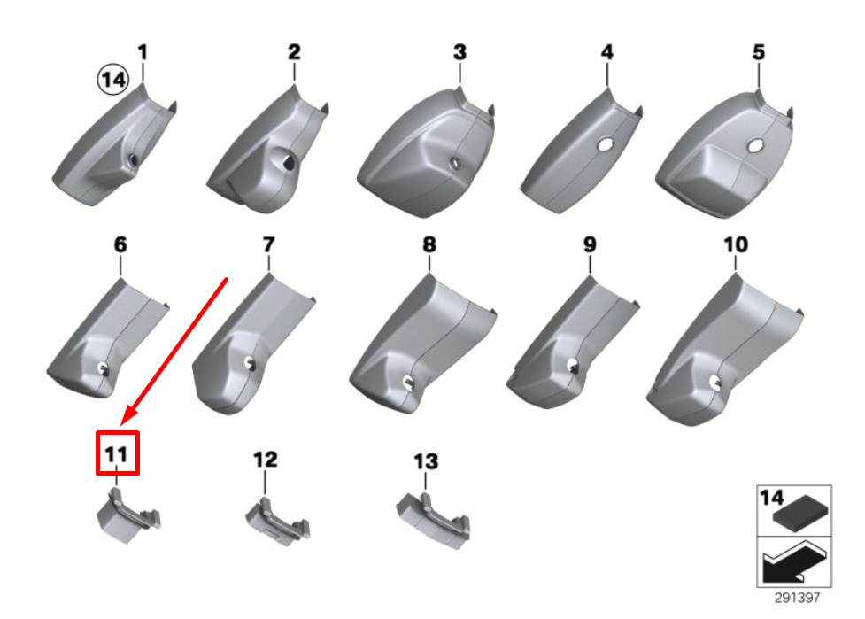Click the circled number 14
(x=113, y=79)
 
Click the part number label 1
(x=143, y=52)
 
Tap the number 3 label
(x=460, y=52)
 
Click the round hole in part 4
(x=606, y=144)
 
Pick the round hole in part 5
(x=754, y=146)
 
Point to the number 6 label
(x=120, y=244)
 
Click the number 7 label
(x=268, y=244)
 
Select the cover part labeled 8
(x=423, y=343)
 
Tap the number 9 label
(x=590, y=244)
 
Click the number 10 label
(x=736, y=244)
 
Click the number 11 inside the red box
(x=116, y=454)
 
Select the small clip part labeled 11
(x=129, y=515)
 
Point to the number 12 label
(x=266, y=460)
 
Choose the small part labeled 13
(x=433, y=521)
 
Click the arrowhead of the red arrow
(x=130, y=414)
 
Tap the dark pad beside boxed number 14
(x=800, y=514)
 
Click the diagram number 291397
(x=797, y=598)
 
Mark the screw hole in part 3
(x=455, y=163)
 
